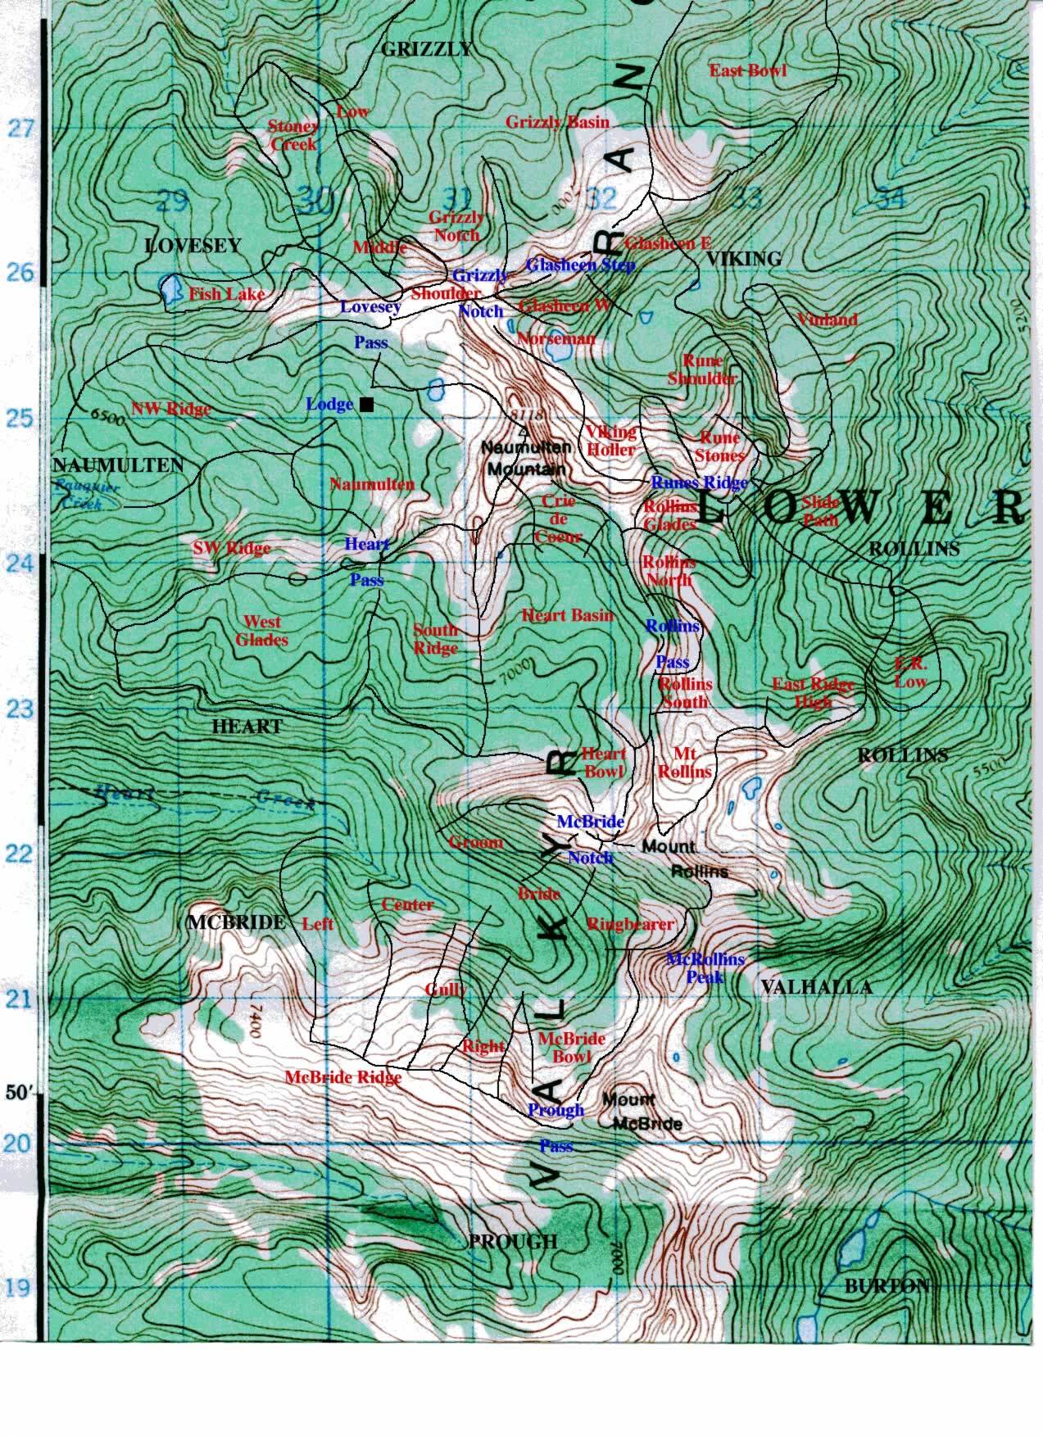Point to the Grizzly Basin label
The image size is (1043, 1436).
coord(557,122)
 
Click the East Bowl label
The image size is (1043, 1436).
coord(747,70)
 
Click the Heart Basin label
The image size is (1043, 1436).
coord(567,614)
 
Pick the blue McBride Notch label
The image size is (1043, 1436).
coord(590,839)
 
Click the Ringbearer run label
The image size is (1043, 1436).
coord(630,924)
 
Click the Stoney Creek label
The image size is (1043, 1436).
coord(293,135)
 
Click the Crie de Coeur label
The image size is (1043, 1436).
coord(557,519)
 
